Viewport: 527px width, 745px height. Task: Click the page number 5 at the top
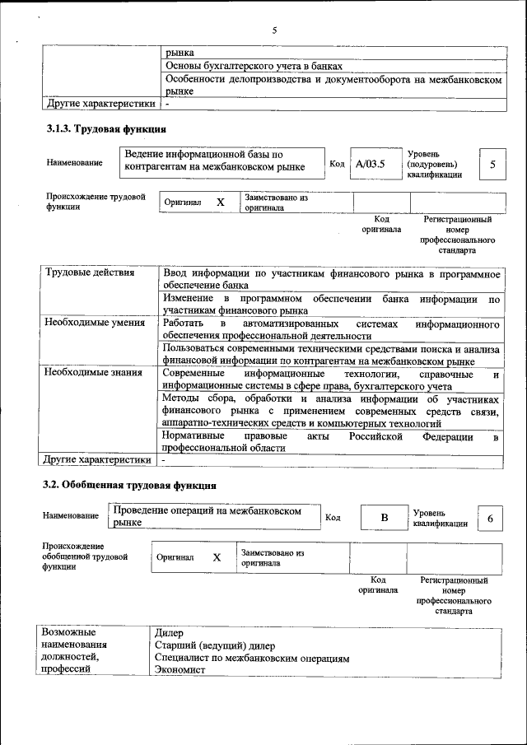point(274,30)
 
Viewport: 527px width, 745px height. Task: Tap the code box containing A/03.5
point(371,164)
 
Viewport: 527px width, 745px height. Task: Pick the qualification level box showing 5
point(492,165)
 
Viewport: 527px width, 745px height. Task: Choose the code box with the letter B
point(383,518)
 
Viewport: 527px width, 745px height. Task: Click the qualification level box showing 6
point(490,518)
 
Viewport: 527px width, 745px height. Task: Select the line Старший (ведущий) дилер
point(215,645)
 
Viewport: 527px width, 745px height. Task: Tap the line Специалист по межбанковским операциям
point(252,658)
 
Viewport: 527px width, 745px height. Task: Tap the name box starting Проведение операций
point(214,516)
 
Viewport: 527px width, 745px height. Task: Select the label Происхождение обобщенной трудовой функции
point(85,557)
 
